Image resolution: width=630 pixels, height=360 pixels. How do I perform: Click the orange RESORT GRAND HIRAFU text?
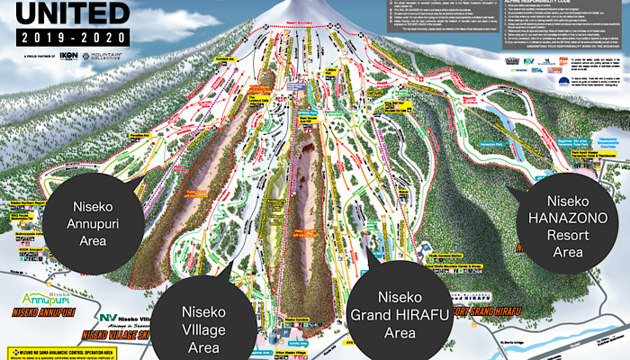[x=486, y=313]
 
